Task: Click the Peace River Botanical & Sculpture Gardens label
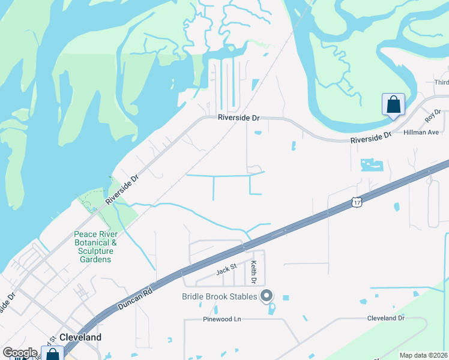pos(92,247)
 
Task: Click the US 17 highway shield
pos(357,203)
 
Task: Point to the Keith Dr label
pos(254,272)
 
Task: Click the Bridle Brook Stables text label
pos(220,296)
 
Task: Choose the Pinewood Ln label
pos(221,319)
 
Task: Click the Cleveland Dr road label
pos(386,317)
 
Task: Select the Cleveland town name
pos(80,337)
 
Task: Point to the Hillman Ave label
pos(421,131)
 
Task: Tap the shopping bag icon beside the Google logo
pos(52,354)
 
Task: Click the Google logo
pos(20,353)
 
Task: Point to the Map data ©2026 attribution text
pos(423,355)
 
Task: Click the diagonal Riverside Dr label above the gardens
pos(121,188)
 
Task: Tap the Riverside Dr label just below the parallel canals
pos(238,118)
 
